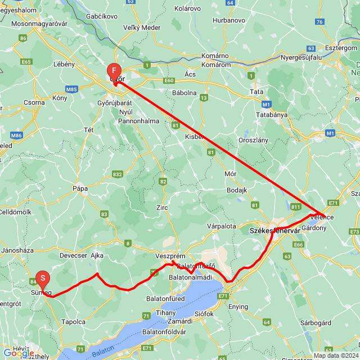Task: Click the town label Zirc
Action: (163, 208)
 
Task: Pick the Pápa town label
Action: (80, 188)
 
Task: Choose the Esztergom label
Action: (341, 48)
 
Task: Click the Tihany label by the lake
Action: (166, 312)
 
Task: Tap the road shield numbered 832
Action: (117, 174)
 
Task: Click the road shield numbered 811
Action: (296, 208)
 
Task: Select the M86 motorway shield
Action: (17, 136)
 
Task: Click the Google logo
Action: (18, 353)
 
